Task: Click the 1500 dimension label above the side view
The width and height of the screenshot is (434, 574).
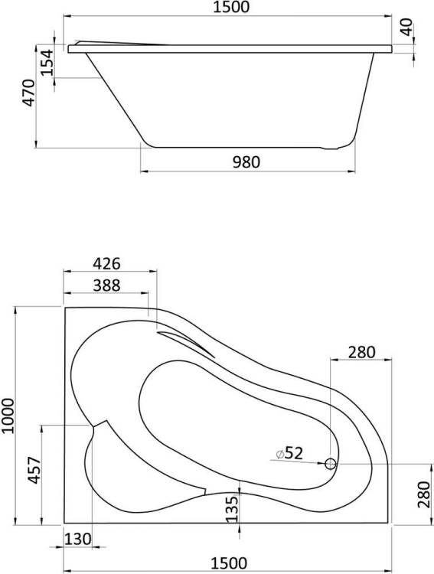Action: pos(230,7)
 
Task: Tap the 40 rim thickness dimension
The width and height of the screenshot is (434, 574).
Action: pos(406,27)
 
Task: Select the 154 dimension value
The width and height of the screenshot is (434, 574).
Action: pos(47,62)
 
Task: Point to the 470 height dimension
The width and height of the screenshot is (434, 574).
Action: pos(28,93)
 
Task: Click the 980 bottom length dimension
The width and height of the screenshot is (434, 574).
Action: pos(246,161)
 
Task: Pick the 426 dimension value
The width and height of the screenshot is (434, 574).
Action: pos(106,263)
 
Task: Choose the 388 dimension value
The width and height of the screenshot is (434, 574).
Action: pos(106,285)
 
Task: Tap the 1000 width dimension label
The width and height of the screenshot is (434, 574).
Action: pos(8,416)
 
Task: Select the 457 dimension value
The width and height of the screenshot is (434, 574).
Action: pos(34,471)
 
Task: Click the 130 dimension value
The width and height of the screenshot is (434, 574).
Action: pos(77,539)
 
